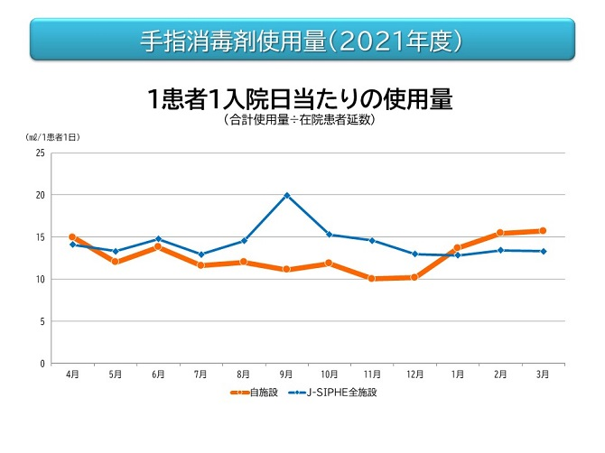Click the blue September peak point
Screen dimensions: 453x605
286,195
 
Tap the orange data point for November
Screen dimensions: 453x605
371,279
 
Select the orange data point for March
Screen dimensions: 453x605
542,231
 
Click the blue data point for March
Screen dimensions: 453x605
542,252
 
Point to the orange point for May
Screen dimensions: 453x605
116,262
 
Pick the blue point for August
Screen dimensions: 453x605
244,241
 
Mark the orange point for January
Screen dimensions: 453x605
457,247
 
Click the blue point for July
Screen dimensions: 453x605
200,254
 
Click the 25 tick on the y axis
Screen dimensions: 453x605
40,153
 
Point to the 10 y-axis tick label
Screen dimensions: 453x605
40,279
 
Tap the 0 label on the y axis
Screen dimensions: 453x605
42,364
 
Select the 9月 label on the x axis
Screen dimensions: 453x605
286,373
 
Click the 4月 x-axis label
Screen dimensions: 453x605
72,373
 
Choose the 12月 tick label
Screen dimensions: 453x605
414,373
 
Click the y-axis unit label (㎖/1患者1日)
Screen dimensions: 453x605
52,137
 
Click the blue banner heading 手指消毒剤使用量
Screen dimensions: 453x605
302,41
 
